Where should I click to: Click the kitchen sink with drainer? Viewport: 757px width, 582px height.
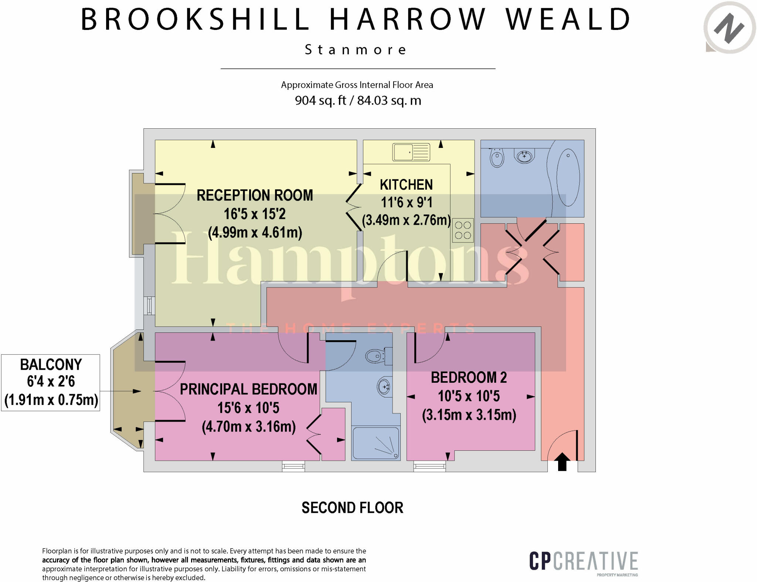point(411,152)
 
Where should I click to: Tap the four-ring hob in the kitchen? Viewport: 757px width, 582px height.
point(462,230)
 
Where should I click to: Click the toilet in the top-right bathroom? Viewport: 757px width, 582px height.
point(497,158)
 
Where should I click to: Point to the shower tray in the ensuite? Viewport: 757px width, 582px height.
point(376,443)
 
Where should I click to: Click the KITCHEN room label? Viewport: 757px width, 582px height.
point(406,185)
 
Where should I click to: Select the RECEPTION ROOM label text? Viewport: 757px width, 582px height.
point(255,195)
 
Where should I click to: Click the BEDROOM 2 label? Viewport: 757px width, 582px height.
point(469,378)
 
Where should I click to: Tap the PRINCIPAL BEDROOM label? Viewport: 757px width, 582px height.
point(248,389)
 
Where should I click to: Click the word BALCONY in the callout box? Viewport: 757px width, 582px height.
point(51,365)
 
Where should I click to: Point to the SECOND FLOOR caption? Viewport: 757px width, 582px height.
point(352,508)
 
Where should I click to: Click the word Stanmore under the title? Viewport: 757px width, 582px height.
point(356,50)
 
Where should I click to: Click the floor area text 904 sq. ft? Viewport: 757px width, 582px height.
point(320,101)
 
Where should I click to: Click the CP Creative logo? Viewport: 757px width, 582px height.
point(583,562)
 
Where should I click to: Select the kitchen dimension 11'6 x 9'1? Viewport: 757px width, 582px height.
point(406,203)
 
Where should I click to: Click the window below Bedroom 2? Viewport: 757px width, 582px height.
point(430,467)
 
